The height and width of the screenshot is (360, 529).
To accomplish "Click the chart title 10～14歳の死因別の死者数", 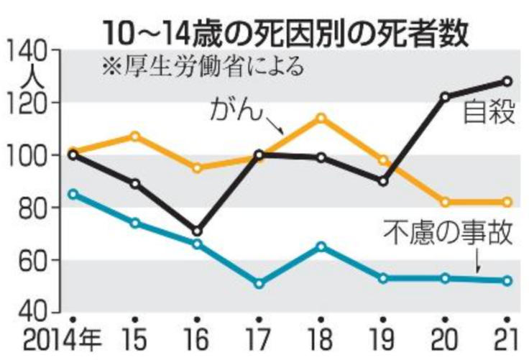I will point(285,32).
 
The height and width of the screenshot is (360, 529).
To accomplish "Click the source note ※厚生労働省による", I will point(194,68).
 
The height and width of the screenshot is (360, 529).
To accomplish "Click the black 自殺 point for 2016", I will point(197,231).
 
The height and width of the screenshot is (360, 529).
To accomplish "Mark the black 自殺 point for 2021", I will point(507,81).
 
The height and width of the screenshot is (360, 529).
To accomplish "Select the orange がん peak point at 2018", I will point(321,118).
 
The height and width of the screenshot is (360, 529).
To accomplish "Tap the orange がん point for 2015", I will point(135,136).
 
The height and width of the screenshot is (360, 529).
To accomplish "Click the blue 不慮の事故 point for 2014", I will point(72,194).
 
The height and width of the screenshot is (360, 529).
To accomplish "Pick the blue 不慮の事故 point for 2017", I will point(259,284).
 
